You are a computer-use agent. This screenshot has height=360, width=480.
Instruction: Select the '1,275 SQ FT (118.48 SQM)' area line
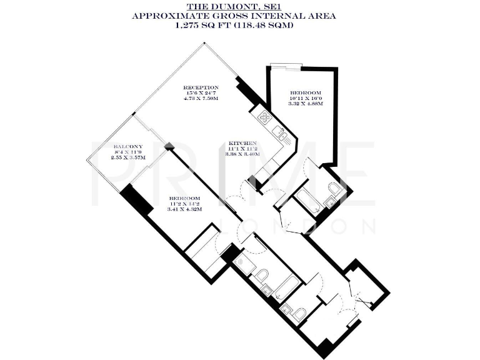239,27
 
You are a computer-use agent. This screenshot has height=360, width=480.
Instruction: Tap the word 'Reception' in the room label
200,87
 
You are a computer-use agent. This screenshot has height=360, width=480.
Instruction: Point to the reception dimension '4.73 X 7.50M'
200,99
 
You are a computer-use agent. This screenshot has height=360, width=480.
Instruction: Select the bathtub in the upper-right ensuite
308,202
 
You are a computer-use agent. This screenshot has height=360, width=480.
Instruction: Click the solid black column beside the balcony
136,201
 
